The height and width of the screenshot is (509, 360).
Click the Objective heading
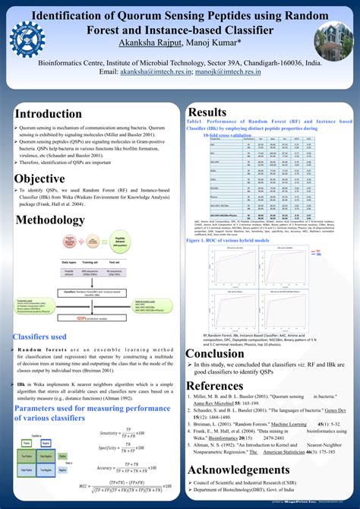39,179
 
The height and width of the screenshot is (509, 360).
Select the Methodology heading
52,220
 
